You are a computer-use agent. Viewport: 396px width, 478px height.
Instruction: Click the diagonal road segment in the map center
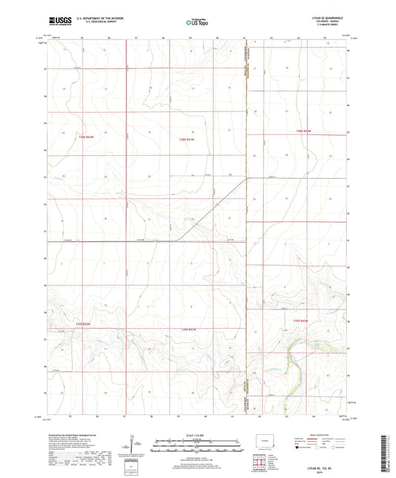point(215,208)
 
